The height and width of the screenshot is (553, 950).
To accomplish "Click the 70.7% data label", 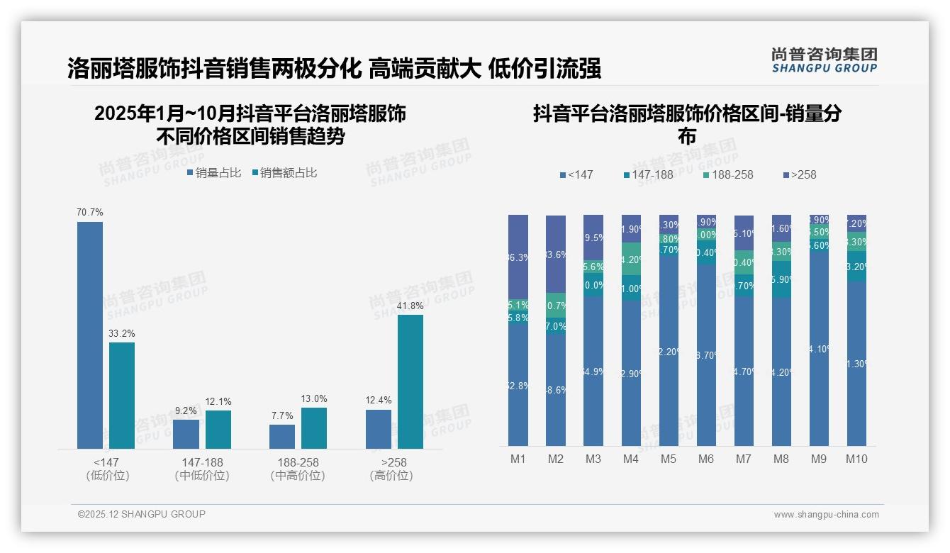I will coord(90,212).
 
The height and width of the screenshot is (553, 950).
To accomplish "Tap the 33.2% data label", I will coord(122,333).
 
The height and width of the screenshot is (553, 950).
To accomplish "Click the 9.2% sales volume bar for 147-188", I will coord(186,434).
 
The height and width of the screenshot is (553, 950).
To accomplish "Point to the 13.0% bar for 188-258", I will coord(314,428).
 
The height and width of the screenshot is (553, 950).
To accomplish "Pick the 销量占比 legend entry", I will coord(214,172).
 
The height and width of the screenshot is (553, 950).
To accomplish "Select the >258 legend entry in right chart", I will coord(799,174).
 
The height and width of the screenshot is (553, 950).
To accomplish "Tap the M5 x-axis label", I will coord(668,459).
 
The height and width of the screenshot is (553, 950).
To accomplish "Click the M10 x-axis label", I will coord(856,459).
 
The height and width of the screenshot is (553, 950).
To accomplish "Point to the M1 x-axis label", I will coord(518,459).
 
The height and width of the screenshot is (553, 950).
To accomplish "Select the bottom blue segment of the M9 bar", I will coord(819,347).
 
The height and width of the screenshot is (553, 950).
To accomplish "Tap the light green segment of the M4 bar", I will coord(631,259).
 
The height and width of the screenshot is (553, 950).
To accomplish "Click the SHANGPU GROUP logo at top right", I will coord(824,60).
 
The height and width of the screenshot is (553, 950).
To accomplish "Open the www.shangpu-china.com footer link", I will coord(826,515).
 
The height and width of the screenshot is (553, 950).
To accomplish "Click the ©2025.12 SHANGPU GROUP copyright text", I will coord(142,514).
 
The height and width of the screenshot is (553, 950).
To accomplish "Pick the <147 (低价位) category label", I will coord(107,469).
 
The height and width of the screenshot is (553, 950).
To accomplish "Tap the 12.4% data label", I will coord(378,400).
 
